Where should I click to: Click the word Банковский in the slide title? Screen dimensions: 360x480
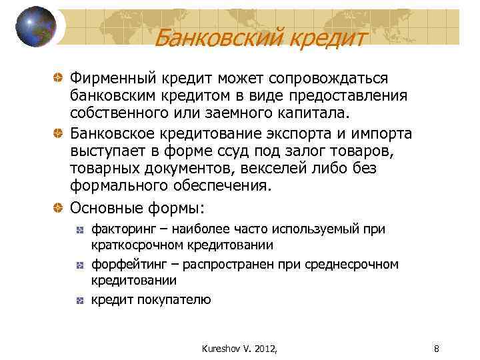pyautogui.click(x=213, y=38)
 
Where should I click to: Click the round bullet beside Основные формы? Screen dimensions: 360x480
pyautogui.click(x=60, y=205)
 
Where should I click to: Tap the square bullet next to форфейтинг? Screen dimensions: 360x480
pyautogui.click(x=79, y=265)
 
